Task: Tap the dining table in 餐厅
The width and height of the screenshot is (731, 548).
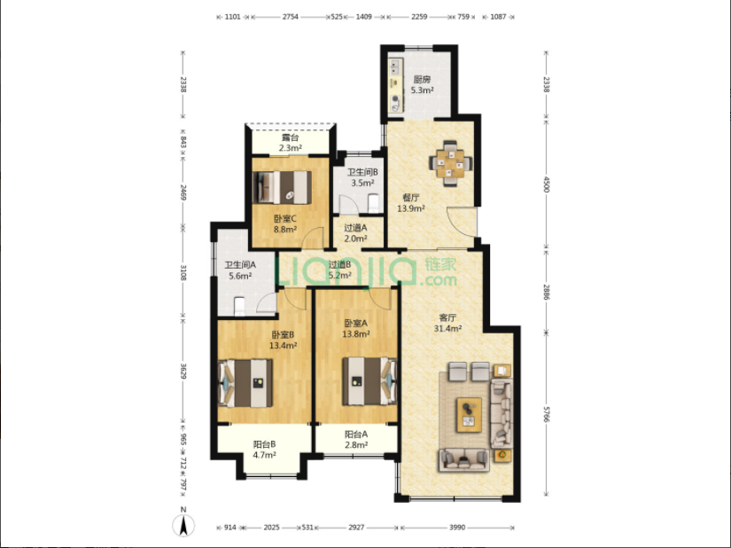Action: (x=450, y=163)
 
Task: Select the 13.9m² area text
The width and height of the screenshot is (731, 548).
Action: (x=411, y=208)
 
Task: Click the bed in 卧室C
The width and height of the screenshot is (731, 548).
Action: (x=282, y=187)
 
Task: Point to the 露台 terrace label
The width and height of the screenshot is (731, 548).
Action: (x=290, y=137)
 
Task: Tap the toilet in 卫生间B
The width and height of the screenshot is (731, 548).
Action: (x=373, y=203)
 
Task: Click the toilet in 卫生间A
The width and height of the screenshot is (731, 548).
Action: (x=239, y=306)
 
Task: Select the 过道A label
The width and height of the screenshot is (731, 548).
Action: (x=355, y=228)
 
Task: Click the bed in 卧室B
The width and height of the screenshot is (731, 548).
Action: (x=245, y=383)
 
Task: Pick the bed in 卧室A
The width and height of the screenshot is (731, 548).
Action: (x=369, y=381)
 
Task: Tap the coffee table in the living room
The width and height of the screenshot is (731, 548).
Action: (x=469, y=414)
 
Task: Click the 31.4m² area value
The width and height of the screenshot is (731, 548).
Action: (x=448, y=328)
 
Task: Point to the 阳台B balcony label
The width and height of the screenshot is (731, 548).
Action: (x=264, y=444)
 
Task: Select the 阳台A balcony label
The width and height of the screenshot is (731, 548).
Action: (x=356, y=434)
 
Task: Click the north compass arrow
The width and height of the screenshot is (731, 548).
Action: (x=183, y=526)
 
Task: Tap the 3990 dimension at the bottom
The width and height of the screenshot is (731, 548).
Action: (x=457, y=528)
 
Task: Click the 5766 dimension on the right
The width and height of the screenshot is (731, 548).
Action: (x=547, y=414)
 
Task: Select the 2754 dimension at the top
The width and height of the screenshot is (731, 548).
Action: (x=290, y=17)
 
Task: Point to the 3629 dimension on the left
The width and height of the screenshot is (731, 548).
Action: (x=183, y=372)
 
